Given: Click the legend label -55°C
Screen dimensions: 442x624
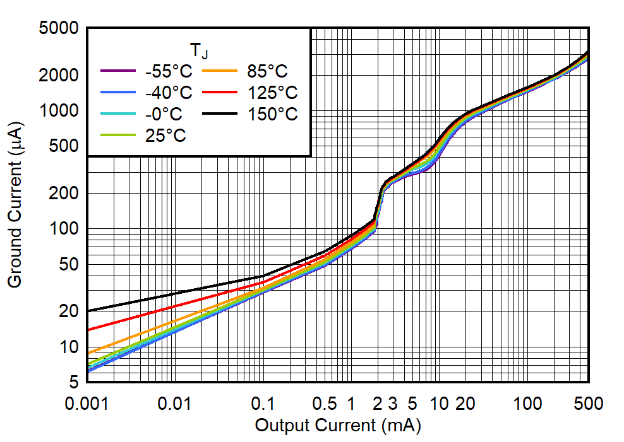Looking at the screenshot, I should click(168, 71).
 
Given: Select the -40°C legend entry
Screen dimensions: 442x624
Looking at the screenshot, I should click(168, 93).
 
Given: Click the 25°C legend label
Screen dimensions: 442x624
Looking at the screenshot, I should click(165, 136).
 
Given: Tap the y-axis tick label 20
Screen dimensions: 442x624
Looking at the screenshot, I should click(69, 311).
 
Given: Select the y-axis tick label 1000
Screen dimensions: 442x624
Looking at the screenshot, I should click(61, 111).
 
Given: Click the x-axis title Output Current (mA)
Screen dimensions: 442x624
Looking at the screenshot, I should click(337, 426).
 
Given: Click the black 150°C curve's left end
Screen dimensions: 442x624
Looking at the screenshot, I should click(88, 311).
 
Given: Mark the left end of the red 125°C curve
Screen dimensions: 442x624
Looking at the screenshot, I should click(88, 330).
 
